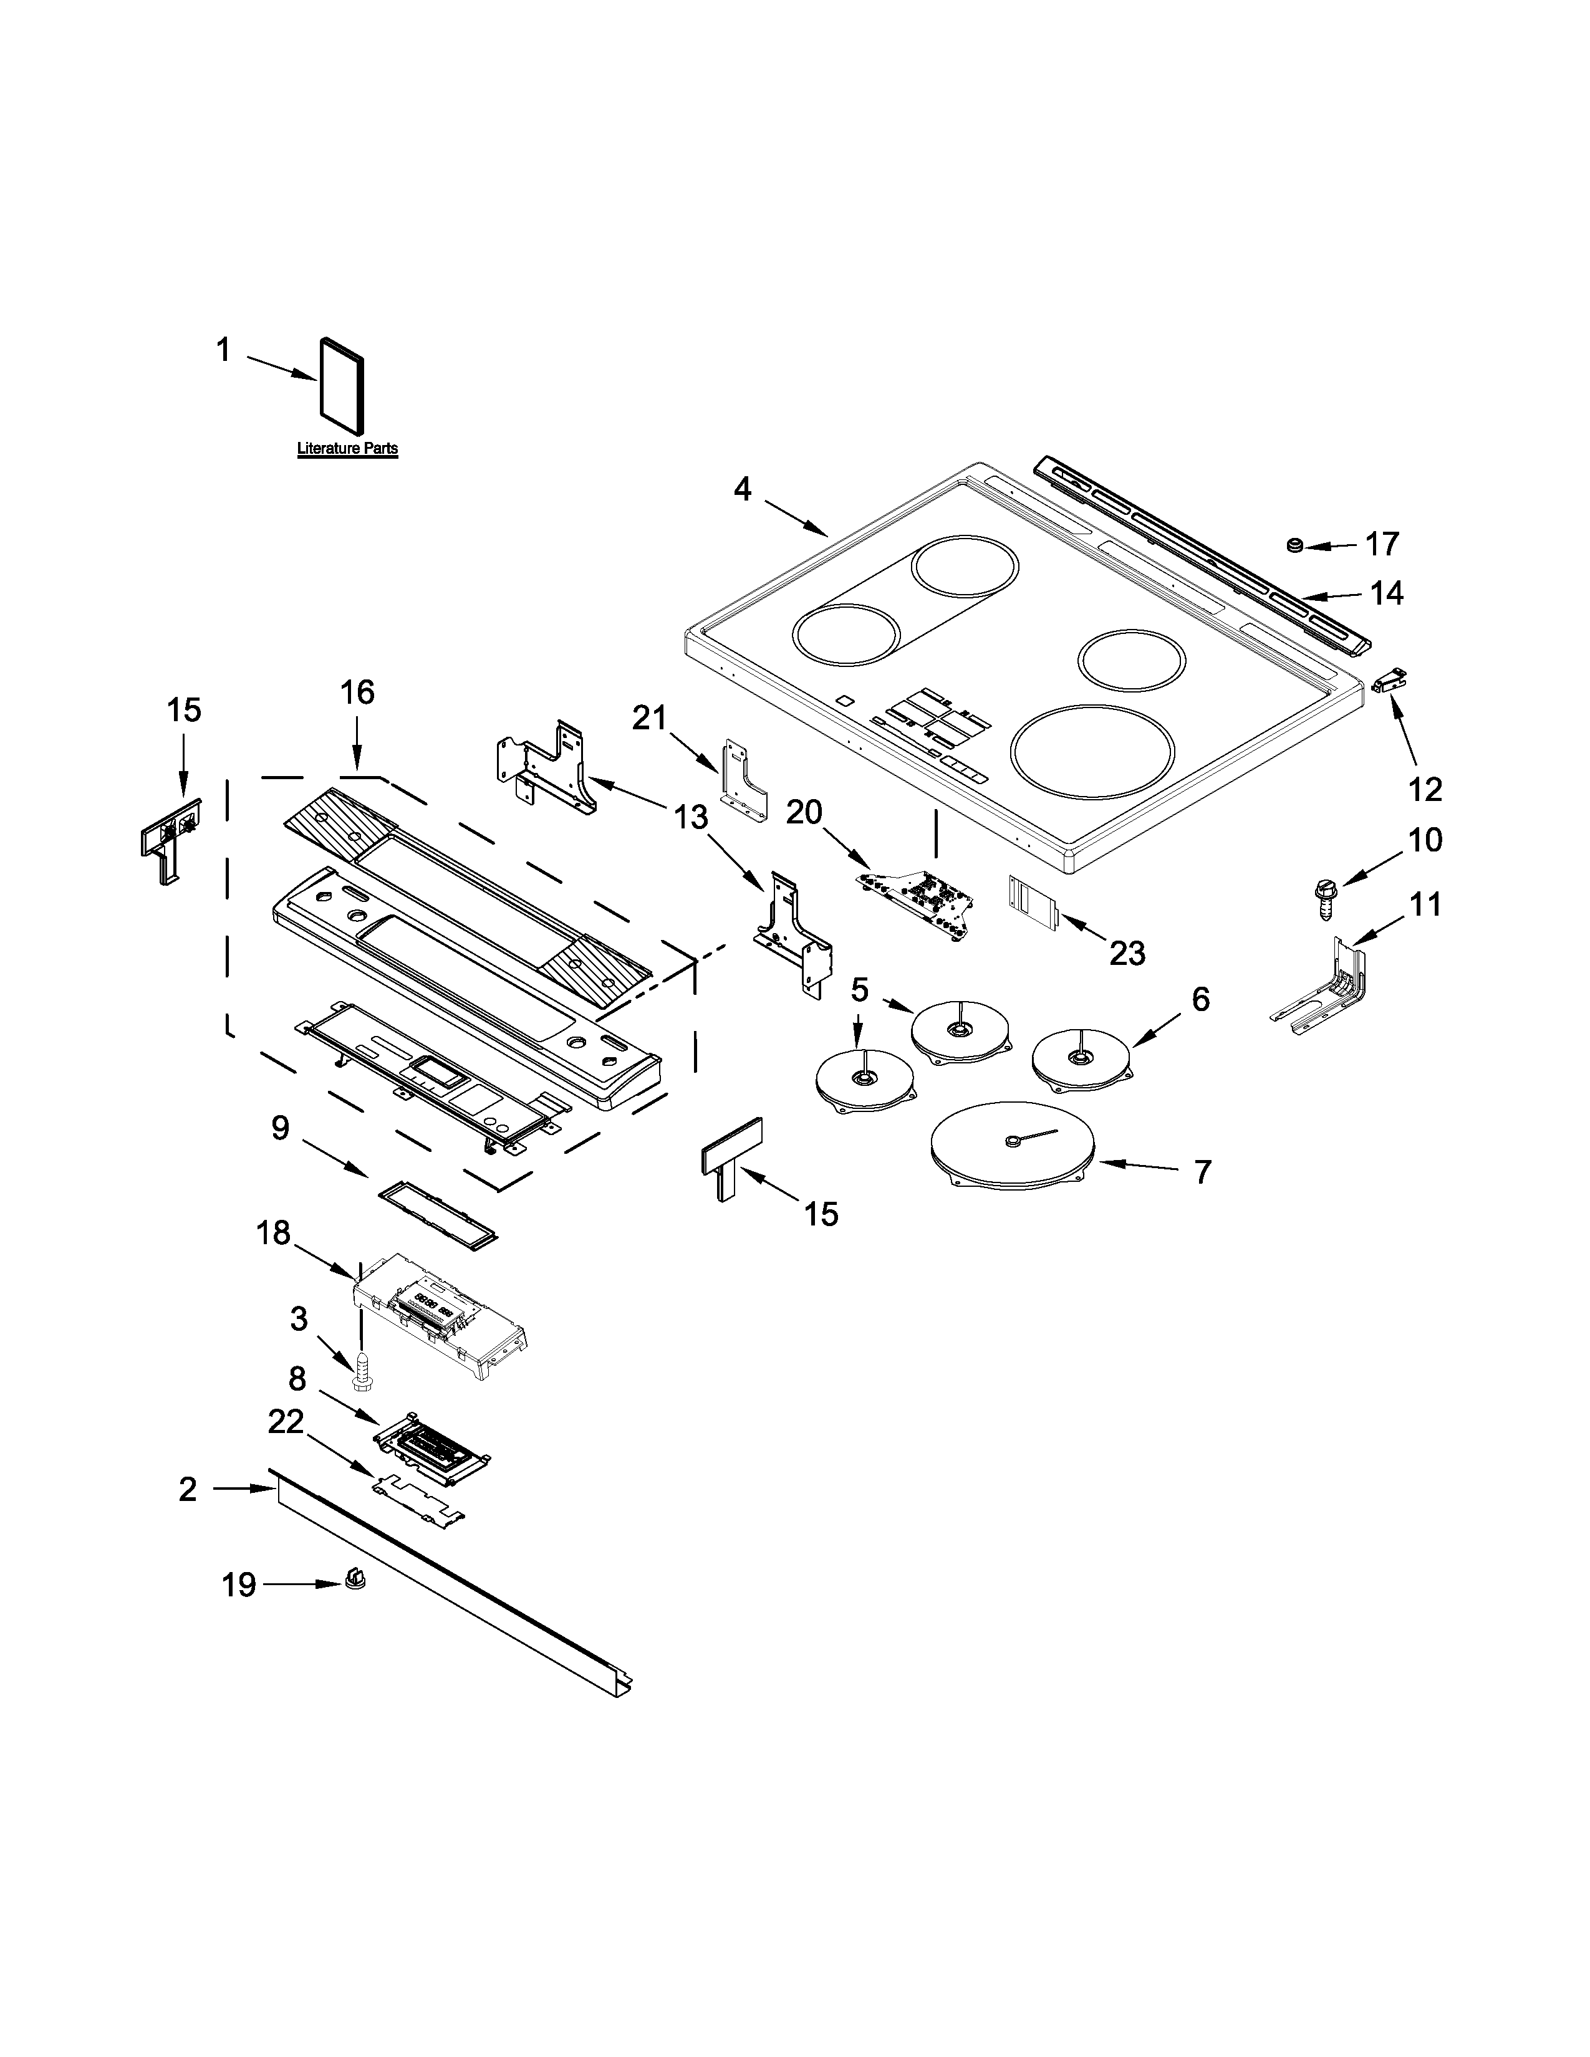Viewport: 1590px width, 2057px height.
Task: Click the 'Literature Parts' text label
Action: [x=347, y=449]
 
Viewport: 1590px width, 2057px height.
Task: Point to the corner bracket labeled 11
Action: [x=1323, y=991]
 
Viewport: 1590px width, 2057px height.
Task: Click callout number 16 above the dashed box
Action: [x=357, y=693]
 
